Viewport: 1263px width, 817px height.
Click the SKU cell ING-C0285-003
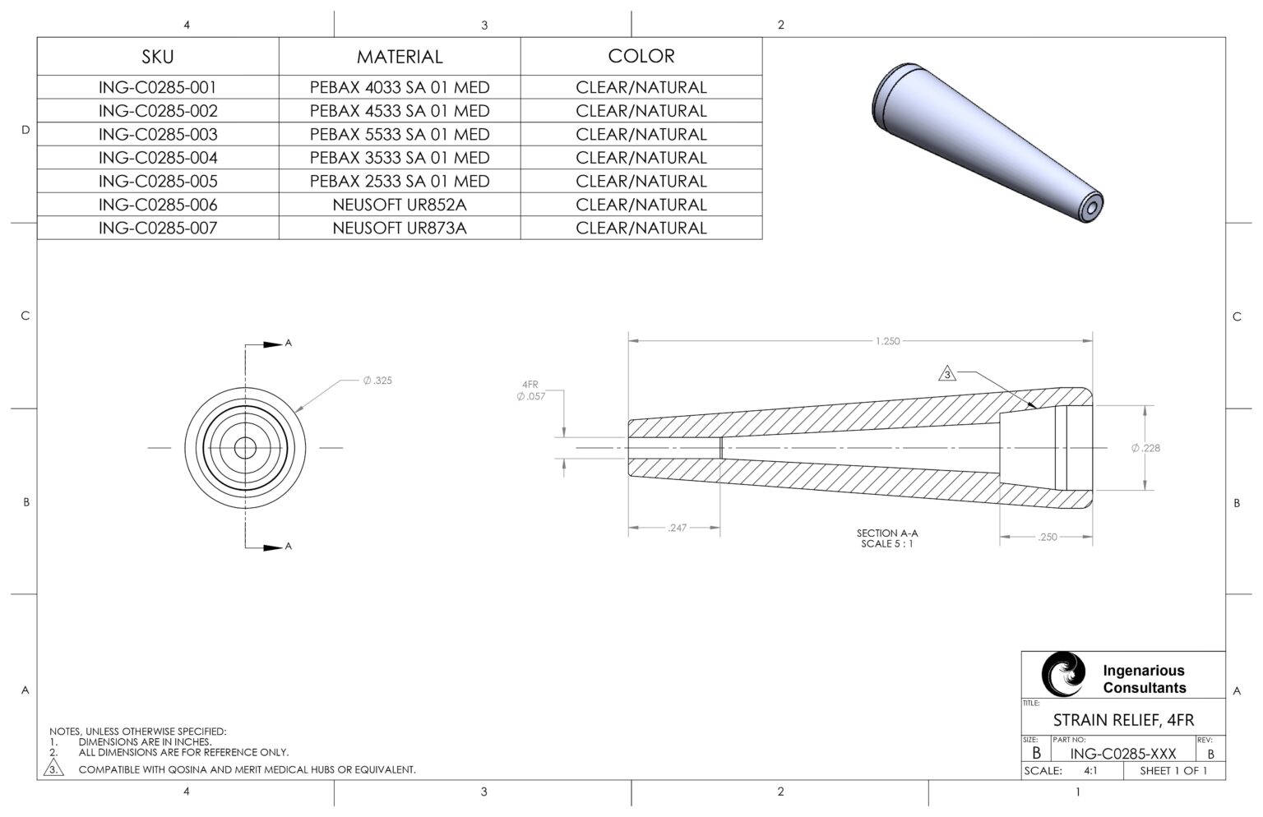[158, 134]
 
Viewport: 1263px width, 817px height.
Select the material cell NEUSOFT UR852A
[400, 205]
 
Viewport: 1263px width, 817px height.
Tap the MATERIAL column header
[400, 56]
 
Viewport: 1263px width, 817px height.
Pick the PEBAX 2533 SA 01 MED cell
[400, 181]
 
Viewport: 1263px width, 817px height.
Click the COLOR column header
[641, 56]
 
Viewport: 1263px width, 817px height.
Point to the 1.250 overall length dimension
[887, 341]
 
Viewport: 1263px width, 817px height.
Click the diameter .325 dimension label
[377, 381]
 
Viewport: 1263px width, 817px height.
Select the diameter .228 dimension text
[1145, 448]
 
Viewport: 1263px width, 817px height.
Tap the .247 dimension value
[677, 528]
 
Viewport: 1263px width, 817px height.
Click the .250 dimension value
[1048, 537]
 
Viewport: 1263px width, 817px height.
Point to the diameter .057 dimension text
[530, 396]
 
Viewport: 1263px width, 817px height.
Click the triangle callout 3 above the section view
[947, 375]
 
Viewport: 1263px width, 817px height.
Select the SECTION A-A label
[886, 533]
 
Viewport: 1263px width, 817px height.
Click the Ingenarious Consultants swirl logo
[1062, 675]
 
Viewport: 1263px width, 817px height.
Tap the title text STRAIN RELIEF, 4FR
[1123, 720]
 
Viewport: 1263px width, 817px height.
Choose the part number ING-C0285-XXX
[1123, 753]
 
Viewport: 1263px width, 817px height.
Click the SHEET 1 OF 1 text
[1173, 771]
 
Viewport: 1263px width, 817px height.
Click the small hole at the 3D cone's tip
[1091, 210]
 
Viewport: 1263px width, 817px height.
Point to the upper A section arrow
[274, 344]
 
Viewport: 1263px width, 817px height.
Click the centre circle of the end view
[245, 447]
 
